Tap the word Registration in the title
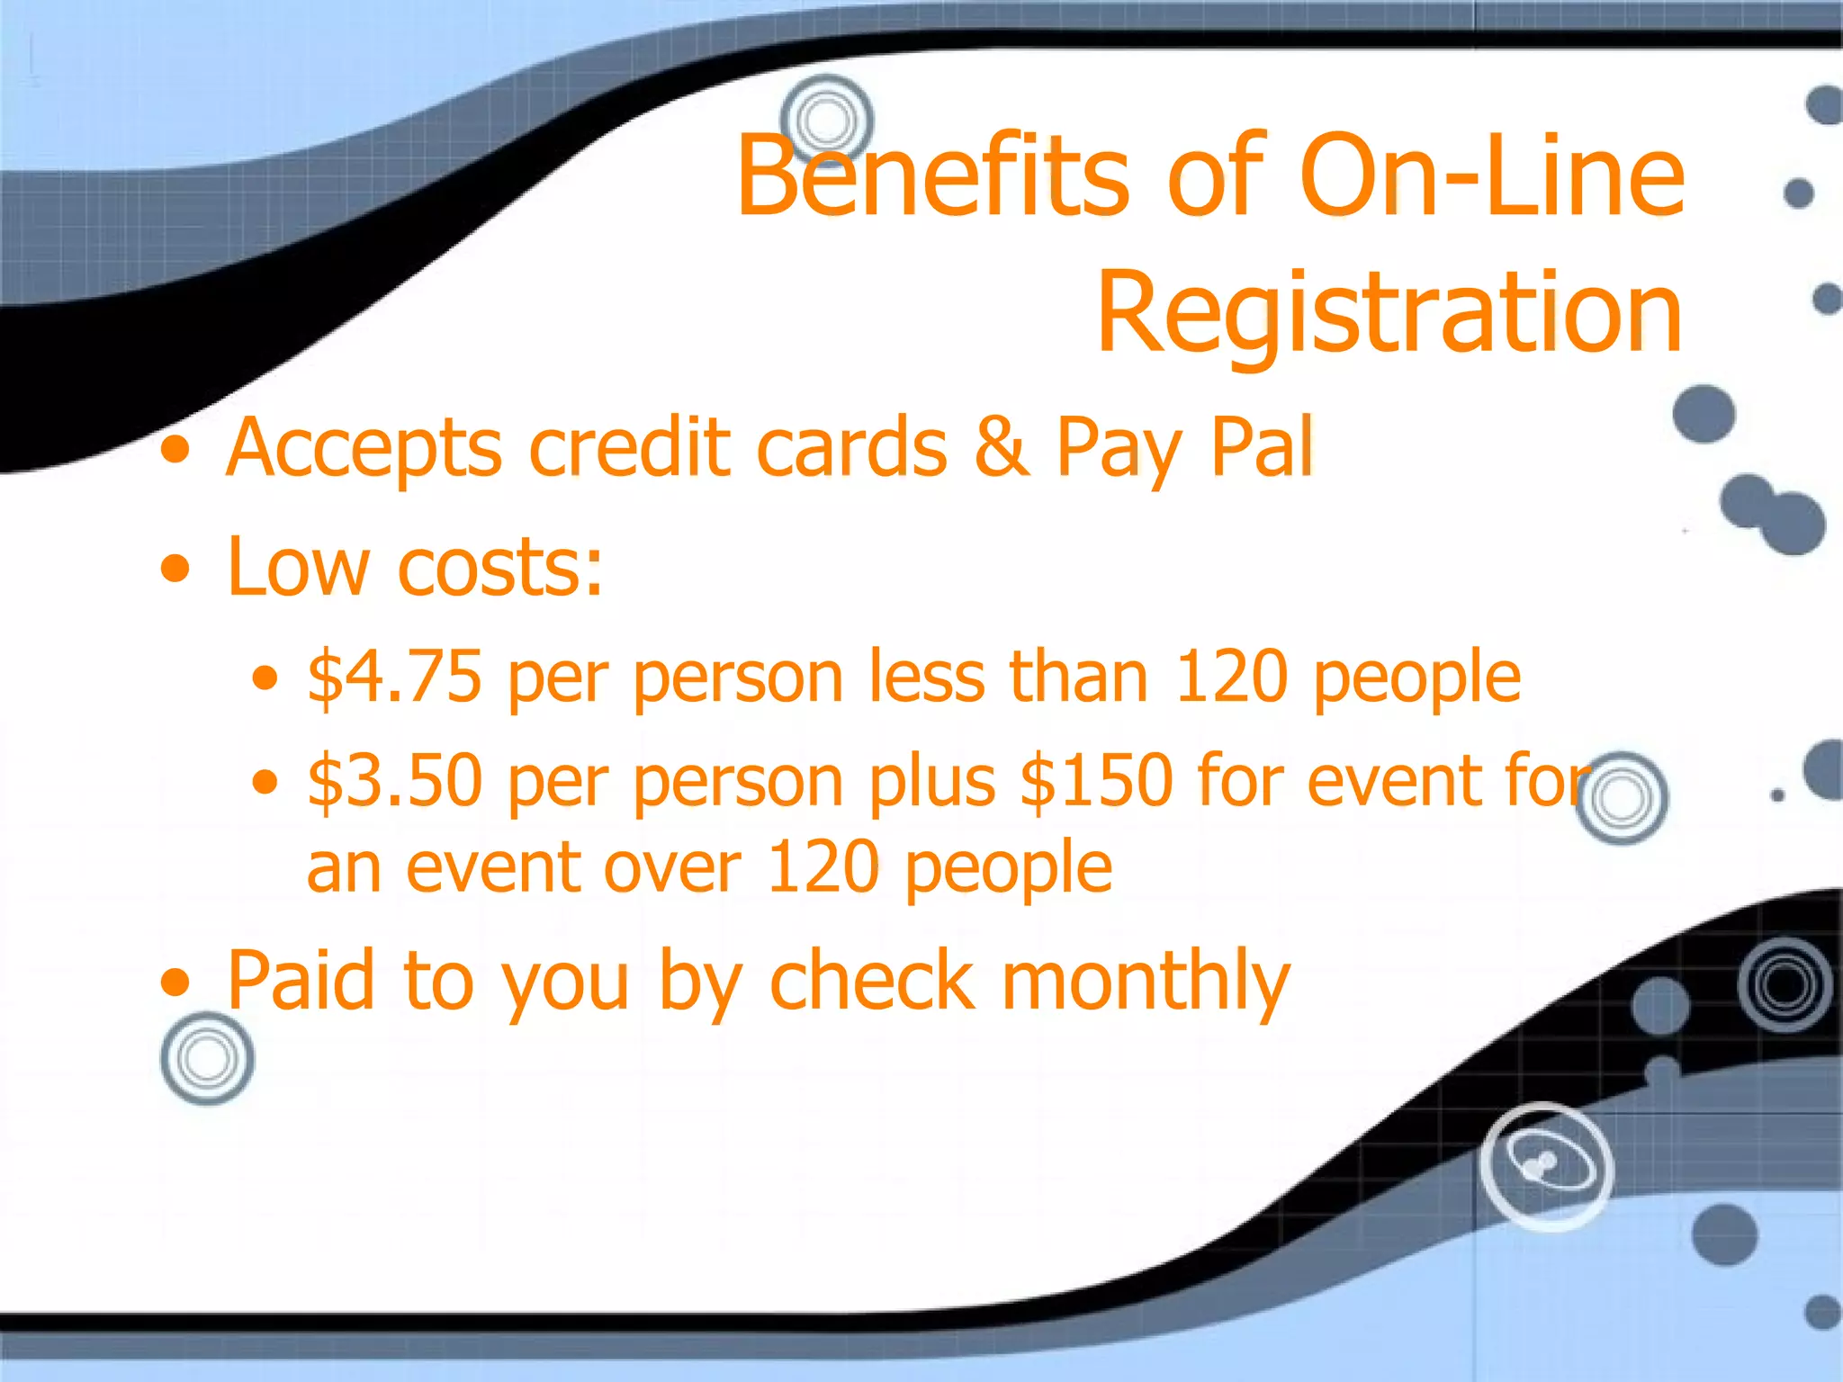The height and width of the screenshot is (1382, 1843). (x=1389, y=312)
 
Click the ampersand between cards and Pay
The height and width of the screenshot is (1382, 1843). (x=1001, y=447)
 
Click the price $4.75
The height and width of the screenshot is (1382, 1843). (x=394, y=677)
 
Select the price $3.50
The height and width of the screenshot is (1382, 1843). (x=394, y=780)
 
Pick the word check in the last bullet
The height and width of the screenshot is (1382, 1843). (x=872, y=981)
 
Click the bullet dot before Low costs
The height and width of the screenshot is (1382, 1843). (x=176, y=569)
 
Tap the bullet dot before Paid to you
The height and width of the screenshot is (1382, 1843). (x=176, y=983)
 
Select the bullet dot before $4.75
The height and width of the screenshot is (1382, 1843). (x=265, y=678)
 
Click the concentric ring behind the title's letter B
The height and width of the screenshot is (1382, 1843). (x=826, y=120)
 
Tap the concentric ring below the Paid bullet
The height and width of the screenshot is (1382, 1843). (x=207, y=1058)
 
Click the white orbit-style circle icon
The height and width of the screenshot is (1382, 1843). (x=1546, y=1166)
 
